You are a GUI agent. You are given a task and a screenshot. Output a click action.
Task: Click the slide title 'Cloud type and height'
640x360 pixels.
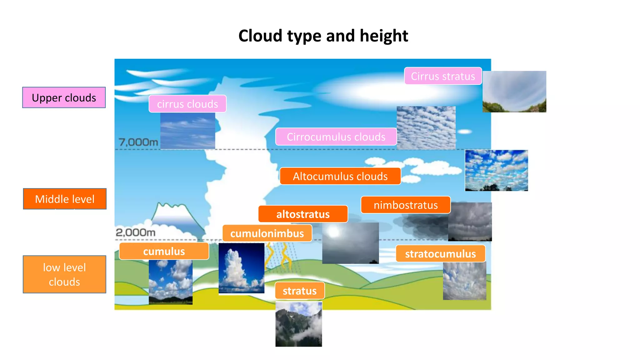pos(323,36)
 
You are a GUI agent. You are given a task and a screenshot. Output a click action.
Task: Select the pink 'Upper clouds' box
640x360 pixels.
pos(64,98)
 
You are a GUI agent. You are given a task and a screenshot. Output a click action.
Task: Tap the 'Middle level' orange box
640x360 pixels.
pos(65,199)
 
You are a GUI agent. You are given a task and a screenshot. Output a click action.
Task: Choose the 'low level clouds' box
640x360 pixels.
pos(64,274)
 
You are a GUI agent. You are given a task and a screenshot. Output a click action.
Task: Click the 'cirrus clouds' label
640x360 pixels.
pos(187,104)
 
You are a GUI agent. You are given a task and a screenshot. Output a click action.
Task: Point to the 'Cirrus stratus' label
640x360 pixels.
pos(443,76)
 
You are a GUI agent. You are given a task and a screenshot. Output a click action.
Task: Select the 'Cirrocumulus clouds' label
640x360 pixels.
pos(336,137)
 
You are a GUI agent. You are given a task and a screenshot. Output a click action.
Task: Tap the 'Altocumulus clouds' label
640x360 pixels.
pos(340,176)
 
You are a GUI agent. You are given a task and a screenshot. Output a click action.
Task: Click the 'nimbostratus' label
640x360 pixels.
pos(406,205)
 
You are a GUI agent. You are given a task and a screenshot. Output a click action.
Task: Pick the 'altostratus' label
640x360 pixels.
pos(303,214)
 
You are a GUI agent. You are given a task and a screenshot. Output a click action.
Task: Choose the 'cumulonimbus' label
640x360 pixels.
pos(267,233)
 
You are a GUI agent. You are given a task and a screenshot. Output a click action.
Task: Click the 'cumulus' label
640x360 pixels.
pos(164,251)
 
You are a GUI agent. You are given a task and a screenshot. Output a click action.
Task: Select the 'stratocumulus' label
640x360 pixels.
pos(440,254)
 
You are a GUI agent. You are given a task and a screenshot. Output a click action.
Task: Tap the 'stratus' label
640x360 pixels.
pos(300,291)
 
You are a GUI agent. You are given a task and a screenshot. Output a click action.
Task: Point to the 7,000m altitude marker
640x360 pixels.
pos(138,142)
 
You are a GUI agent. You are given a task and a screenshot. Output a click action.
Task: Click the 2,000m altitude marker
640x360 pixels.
pos(136,232)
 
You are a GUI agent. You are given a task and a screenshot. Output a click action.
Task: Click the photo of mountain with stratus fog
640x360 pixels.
pos(298,324)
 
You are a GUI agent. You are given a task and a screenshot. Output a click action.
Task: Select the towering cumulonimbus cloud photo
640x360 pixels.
pos(241,268)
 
